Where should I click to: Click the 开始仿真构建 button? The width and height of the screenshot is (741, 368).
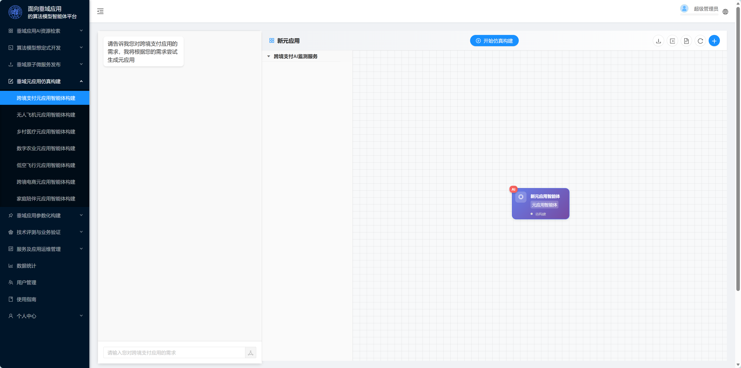(494, 41)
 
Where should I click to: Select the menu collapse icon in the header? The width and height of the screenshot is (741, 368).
(100, 11)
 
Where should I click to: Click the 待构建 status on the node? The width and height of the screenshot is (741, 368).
(540, 214)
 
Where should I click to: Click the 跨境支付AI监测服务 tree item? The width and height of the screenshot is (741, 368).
(296, 56)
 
